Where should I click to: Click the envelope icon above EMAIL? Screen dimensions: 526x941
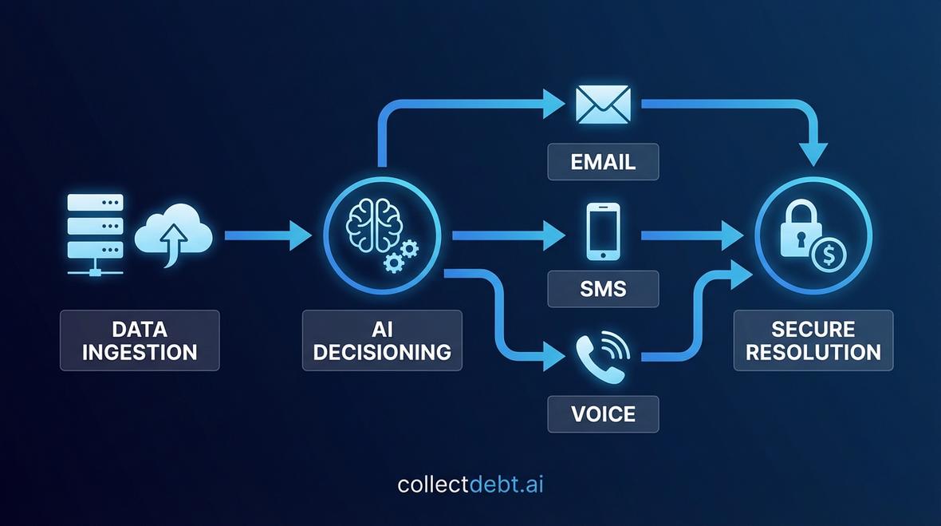coord(603,104)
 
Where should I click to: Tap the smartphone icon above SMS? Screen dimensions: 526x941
coord(603,231)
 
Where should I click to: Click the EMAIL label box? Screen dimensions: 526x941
coord(603,161)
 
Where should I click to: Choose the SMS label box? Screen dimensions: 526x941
coord(603,288)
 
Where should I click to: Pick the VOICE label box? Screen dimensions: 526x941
coord(603,413)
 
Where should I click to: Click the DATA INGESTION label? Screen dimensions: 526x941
coord(140,340)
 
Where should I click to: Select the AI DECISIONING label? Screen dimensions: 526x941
coord(382,340)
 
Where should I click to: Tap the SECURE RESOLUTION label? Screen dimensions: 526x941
coord(813,340)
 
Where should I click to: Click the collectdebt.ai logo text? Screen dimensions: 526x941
coord(470,484)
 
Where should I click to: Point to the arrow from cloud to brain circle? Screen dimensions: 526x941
coord(267,235)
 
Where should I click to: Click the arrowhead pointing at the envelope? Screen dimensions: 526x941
coord(552,103)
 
